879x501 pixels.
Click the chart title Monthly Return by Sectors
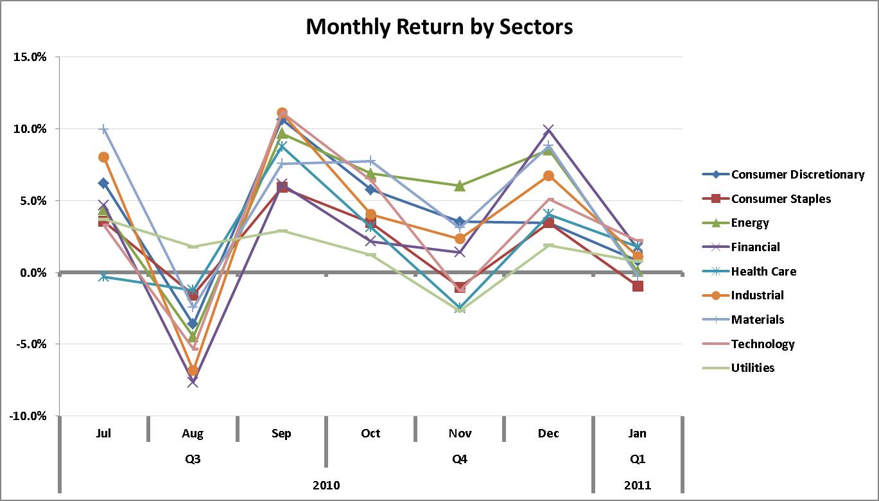pyautogui.click(x=439, y=26)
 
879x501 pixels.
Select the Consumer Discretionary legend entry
pyautogui.click(x=797, y=175)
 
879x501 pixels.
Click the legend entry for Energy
pyautogui.click(x=750, y=223)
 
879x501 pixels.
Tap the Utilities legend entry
pyautogui.click(x=753, y=368)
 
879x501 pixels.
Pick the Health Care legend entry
pyautogui.click(x=763, y=272)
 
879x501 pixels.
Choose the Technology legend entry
pyautogui.click(x=763, y=344)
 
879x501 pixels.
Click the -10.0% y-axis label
pyautogui.click(x=26, y=416)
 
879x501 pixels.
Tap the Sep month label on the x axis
pyautogui.click(x=281, y=434)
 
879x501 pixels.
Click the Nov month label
pyautogui.click(x=460, y=434)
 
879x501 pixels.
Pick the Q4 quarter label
pyautogui.click(x=460, y=459)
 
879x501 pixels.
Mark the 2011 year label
pyautogui.click(x=637, y=485)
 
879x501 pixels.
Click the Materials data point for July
pyautogui.click(x=103, y=130)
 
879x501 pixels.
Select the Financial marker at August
pyautogui.click(x=193, y=382)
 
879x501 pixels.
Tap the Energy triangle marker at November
pyautogui.click(x=460, y=186)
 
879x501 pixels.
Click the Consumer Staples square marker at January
pyautogui.click(x=638, y=286)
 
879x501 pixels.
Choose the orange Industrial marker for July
pyautogui.click(x=103, y=157)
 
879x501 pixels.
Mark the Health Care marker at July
pyautogui.click(x=103, y=276)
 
